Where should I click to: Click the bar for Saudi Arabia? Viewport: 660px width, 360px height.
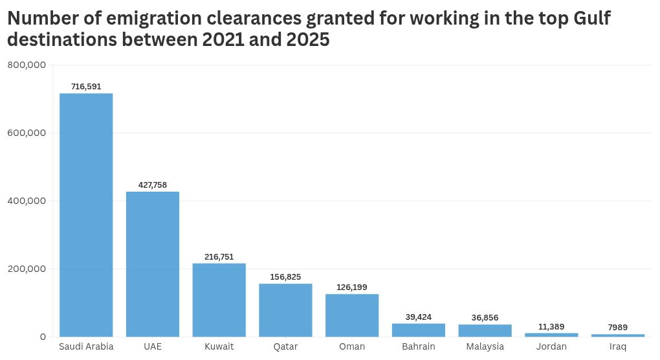click(x=86, y=215)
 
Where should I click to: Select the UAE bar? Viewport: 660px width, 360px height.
click(x=153, y=264)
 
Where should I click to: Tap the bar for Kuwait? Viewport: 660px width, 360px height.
click(x=219, y=300)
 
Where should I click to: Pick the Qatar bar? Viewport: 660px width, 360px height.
click(x=285, y=310)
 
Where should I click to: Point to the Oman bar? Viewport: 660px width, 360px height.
click(x=352, y=315)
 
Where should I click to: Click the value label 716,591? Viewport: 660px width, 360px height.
click(x=86, y=86)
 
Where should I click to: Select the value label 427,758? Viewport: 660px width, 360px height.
click(x=153, y=185)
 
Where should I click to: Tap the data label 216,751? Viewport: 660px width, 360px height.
click(x=219, y=256)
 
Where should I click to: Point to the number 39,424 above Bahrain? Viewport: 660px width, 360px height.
click(x=419, y=317)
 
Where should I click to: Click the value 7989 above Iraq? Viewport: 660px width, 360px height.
click(x=618, y=327)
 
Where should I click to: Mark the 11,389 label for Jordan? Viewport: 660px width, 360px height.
click(x=551, y=326)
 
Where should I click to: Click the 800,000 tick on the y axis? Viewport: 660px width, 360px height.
click(x=26, y=65)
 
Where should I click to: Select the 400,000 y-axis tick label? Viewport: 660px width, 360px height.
click(x=26, y=201)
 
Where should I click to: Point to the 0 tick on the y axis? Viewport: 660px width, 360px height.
click(x=43, y=337)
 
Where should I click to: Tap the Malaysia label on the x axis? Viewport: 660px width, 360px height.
click(x=485, y=347)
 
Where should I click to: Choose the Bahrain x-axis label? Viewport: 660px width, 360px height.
click(x=419, y=347)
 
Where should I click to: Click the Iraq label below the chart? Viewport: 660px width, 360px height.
click(x=618, y=347)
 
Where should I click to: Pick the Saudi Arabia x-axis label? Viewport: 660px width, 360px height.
click(x=86, y=347)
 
